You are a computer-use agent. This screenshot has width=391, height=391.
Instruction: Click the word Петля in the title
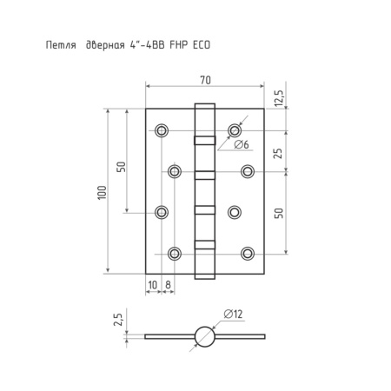tap(61, 45)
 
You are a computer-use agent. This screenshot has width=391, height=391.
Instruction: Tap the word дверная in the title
tap(105, 45)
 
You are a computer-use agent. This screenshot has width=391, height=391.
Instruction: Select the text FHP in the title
tap(178, 45)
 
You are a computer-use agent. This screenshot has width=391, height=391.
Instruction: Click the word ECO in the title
tap(202, 45)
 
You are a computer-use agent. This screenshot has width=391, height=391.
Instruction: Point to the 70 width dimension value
tap(205, 80)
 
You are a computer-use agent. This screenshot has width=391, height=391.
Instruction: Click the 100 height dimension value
tap(102, 192)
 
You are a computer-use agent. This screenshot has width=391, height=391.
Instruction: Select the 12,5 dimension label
tap(279, 98)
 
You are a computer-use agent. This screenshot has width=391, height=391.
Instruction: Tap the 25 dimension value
tap(277, 153)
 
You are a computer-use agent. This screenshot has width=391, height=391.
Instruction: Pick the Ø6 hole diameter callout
tap(242, 144)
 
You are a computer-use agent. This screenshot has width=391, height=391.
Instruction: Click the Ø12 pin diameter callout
tap(233, 314)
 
